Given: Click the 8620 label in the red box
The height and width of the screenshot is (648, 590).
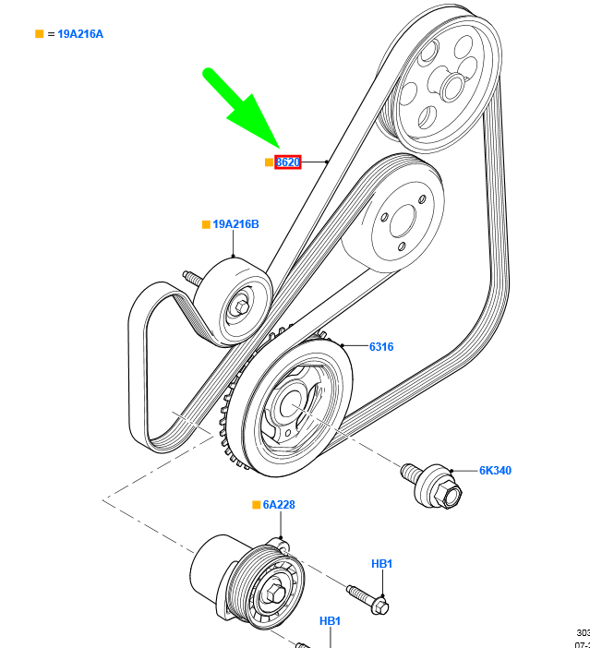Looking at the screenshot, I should [288, 162].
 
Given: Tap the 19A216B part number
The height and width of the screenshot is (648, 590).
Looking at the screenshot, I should [235, 224].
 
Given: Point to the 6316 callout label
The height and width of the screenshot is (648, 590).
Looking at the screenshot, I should [381, 347].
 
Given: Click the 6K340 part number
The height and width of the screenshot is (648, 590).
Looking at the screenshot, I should [495, 471].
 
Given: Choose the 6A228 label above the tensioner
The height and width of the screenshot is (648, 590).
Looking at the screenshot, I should [279, 505].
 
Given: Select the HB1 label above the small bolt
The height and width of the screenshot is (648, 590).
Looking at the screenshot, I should [382, 564].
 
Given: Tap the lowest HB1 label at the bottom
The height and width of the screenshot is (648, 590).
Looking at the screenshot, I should [331, 622].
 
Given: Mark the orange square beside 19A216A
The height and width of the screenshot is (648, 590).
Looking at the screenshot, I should [40, 34].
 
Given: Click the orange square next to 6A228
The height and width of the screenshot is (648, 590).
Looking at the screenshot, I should [257, 505].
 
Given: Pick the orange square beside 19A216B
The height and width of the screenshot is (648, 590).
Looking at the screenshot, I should [207, 224].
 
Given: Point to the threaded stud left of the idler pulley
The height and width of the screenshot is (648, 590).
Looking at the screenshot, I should [192, 277].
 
